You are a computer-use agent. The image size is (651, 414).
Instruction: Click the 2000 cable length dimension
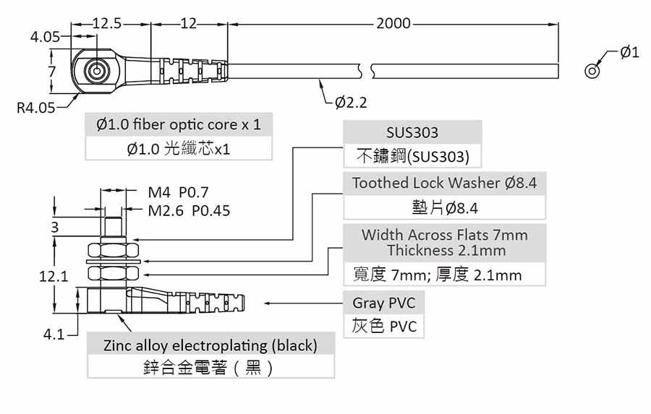click(x=393, y=23)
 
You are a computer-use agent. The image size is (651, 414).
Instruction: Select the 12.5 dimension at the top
click(x=107, y=23)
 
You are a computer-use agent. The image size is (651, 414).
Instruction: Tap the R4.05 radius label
click(x=35, y=108)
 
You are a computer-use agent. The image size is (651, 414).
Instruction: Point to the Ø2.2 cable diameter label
click(x=351, y=103)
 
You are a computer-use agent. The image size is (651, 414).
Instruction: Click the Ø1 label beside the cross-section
click(x=629, y=52)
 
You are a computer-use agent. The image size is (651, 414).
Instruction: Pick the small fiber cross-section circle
click(x=592, y=71)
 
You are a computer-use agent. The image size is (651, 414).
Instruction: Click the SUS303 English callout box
click(x=412, y=133)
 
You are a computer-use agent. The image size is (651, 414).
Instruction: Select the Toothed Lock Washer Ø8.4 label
click(x=444, y=184)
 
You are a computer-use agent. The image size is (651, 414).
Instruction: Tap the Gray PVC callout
click(x=383, y=303)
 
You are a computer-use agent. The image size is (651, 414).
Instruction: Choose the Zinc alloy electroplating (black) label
click(x=210, y=345)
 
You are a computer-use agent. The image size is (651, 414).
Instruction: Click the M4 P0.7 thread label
click(x=178, y=193)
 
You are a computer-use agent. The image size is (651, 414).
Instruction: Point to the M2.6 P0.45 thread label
click(x=189, y=211)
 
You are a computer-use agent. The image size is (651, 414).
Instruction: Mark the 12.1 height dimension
click(x=54, y=275)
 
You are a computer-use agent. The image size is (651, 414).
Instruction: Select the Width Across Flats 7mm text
click(x=444, y=236)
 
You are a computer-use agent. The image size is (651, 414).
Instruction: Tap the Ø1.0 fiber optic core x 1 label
click(x=179, y=125)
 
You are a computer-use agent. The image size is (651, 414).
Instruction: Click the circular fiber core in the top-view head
click(x=95, y=72)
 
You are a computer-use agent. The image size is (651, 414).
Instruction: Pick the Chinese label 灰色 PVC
click(x=384, y=326)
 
